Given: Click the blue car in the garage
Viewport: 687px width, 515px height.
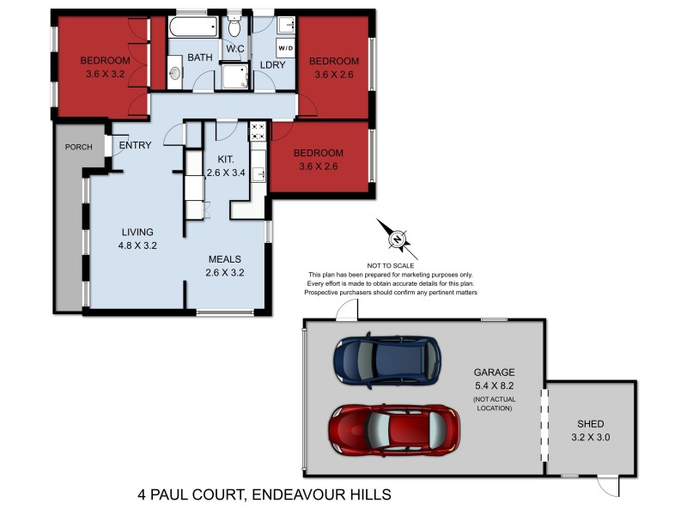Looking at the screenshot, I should [x=386, y=360].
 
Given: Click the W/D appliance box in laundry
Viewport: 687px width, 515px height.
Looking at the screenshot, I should [x=286, y=49].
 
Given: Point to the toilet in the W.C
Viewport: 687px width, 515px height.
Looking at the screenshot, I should [x=234, y=28].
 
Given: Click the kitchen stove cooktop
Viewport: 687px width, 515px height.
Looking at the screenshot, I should [x=258, y=131].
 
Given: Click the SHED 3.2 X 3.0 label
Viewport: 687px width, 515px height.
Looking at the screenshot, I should [x=591, y=430].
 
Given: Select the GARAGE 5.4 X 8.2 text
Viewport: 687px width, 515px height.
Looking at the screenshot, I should [x=494, y=379].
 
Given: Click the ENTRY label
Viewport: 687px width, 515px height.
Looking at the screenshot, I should [x=135, y=145].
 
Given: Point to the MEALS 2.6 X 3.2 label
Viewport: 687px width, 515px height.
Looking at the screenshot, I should [x=225, y=265].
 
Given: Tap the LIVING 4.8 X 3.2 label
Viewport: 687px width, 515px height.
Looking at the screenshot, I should [x=137, y=239].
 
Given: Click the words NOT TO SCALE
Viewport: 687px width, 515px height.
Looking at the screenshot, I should [x=392, y=265].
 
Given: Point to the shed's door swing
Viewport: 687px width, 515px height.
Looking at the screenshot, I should [x=608, y=488].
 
